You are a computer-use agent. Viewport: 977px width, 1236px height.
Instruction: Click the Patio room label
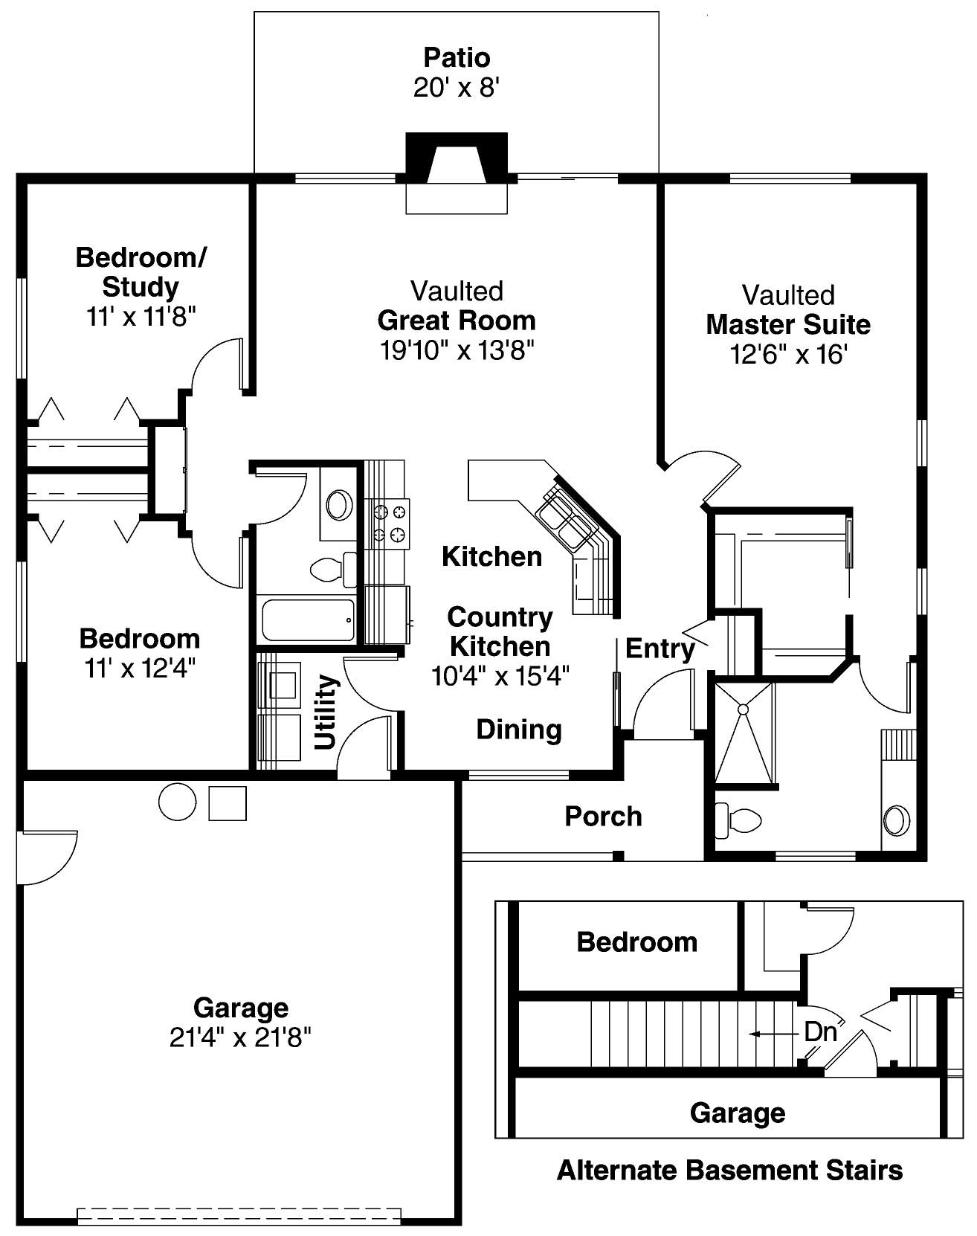[x=457, y=57]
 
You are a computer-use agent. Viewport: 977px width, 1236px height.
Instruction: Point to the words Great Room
[x=457, y=321]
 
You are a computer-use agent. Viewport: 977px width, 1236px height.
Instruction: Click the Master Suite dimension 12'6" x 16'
[x=788, y=355]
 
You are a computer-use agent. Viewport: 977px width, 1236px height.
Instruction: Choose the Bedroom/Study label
[x=141, y=272]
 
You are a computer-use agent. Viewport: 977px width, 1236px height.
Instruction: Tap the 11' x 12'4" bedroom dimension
[x=140, y=669]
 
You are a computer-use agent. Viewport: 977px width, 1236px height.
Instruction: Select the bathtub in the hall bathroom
[x=308, y=619]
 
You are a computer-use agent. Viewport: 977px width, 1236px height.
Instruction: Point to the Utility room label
[x=326, y=712]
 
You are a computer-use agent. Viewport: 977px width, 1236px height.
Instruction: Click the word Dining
[x=519, y=730]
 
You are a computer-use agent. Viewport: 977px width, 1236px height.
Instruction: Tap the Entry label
[x=660, y=648]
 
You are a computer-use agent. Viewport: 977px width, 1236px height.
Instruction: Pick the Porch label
[x=603, y=817]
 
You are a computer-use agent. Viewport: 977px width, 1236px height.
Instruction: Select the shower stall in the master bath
[x=744, y=733]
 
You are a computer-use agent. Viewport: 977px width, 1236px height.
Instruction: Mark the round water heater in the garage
[x=178, y=802]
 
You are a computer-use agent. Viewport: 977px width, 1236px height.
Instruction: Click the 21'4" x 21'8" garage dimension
[x=240, y=1037]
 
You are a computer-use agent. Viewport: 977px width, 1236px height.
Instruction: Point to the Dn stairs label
[x=820, y=1032]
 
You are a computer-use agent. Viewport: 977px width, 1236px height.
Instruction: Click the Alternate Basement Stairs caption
[x=729, y=1171]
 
